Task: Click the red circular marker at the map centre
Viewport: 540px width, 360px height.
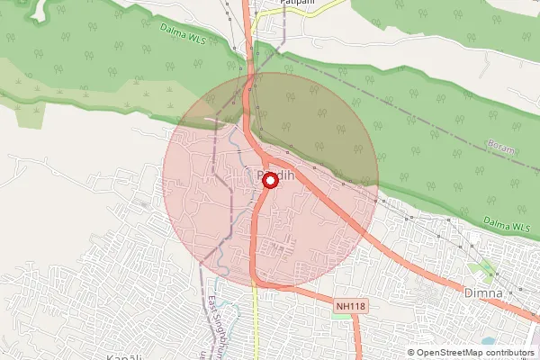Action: [x=269, y=181]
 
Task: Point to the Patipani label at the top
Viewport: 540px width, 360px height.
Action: [x=272, y=4]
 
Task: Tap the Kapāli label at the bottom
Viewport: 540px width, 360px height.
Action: [x=124, y=356]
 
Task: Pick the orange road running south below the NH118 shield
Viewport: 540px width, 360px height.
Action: [x=358, y=337]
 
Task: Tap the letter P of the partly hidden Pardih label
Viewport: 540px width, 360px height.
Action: [x=259, y=175]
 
